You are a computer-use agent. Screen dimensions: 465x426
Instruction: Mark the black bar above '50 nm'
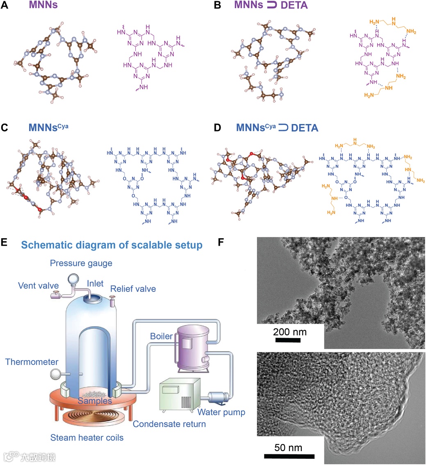[x=289, y=456]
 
